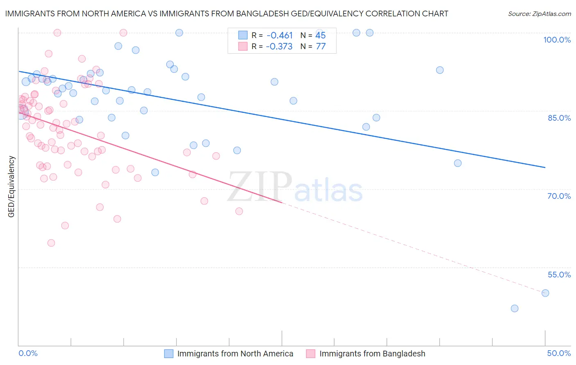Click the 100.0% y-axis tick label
[x=557, y=40]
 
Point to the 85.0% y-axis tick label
[x=559, y=118]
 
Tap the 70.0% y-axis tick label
[x=559, y=196]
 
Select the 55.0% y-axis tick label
[x=559, y=275]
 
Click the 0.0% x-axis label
[x=28, y=353]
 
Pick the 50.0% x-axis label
[x=559, y=353]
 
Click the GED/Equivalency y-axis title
[x=11, y=187]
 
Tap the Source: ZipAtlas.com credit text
[x=539, y=14]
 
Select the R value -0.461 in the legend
[x=279, y=36]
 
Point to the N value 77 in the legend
[x=321, y=47]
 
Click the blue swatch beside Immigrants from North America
[x=169, y=354]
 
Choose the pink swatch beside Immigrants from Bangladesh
[x=311, y=354]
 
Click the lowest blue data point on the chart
[x=515, y=309]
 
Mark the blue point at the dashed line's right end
[x=545, y=293]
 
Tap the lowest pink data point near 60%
[x=51, y=243]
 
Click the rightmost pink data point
[x=239, y=211]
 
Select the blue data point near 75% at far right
[x=458, y=163]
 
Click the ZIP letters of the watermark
[x=260, y=187]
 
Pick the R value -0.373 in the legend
[x=279, y=47]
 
